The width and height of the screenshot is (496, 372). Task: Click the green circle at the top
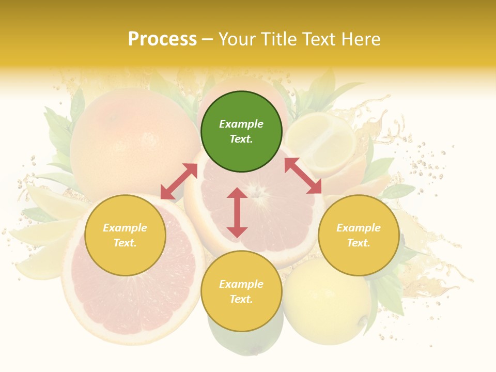pos(241,132)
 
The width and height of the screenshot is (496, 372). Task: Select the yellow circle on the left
pos(125,235)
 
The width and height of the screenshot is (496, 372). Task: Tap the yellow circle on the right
pos(358,235)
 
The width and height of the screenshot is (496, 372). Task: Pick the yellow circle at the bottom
pos(241,291)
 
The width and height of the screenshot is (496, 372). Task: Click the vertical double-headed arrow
pos(237,212)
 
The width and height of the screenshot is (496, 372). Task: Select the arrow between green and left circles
pos(179,181)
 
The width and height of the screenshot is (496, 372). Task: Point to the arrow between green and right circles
pos(303,176)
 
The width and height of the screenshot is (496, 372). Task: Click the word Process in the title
pos(162,39)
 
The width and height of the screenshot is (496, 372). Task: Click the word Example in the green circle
pos(241,124)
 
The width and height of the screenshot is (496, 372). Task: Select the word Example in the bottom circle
pos(241,284)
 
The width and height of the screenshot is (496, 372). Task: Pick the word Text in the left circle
pos(125,243)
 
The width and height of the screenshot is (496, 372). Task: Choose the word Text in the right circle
pos(358,243)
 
